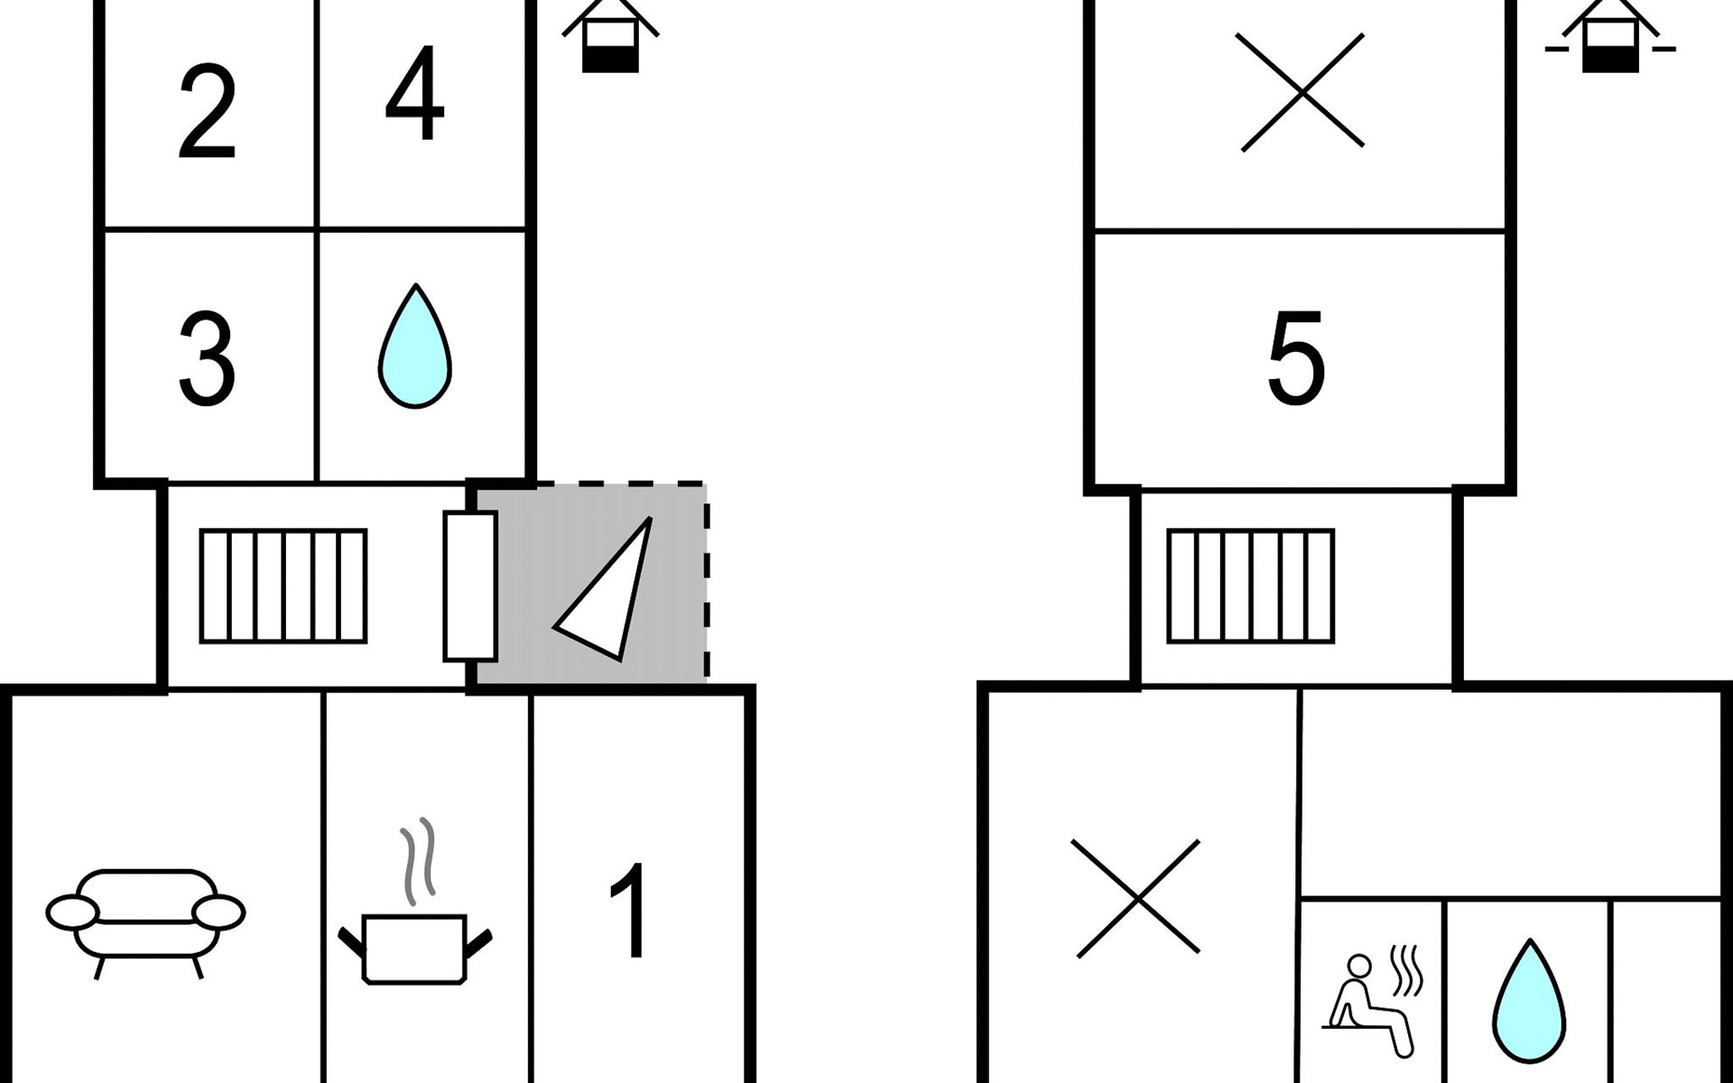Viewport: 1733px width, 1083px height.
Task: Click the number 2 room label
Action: click(x=207, y=112)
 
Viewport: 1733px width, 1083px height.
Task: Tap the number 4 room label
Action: click(x=414, y=94)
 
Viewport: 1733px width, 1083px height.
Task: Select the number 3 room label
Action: click(x=207, y=358)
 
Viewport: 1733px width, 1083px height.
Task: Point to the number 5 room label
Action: click(x=1296, y=357)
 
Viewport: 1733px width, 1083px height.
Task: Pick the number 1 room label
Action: click(x=628, y=911)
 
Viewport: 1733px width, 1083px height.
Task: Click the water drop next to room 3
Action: click(x=414, y=346)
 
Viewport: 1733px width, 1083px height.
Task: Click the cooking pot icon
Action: click(x=414, y=949)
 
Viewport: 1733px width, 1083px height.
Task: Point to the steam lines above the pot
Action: click(x=418, y=861)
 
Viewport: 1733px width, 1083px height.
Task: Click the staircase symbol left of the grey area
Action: click(x=283, y=586)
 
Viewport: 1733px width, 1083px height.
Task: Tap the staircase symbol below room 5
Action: click(x=1251, y=586)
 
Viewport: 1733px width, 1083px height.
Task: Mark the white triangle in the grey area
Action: click(x=603, y=588)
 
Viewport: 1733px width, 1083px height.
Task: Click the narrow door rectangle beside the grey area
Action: click(x=470, y=586)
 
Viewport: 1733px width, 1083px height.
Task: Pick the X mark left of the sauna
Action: click(x=1136, y=898)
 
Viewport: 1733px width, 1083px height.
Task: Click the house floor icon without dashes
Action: click(x=610, y=36)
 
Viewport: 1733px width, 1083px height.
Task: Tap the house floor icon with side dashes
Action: click(x=1610, y=36)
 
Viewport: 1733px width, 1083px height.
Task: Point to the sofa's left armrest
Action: click(x=72, y=912)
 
